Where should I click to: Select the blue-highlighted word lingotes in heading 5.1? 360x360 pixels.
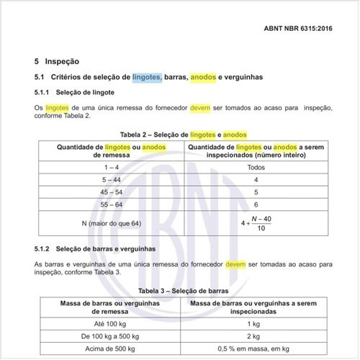click(x=147, y=76)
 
